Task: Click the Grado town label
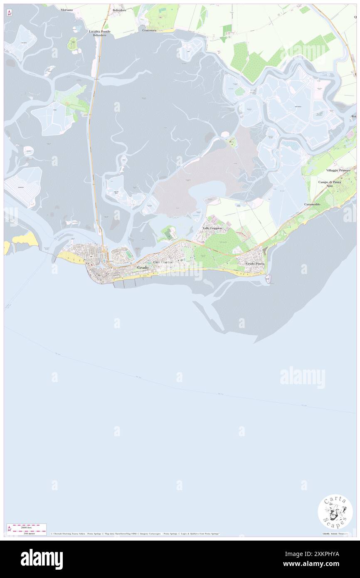[x=143, y=268]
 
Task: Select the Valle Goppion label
[x=212, y=228]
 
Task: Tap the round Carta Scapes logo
[x=335, y=512]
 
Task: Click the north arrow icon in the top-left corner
[x=9, y=13]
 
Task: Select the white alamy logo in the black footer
[x=42, y=559]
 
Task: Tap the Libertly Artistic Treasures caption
[x=337, y=534]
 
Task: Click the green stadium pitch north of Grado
[x=128, y=254]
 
